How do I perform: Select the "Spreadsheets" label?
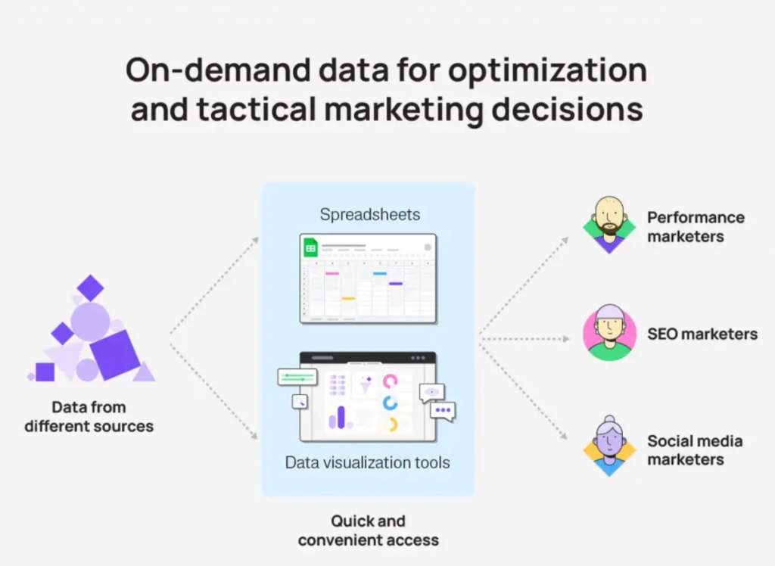coord(369,215)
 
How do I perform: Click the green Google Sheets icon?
coord(310,247)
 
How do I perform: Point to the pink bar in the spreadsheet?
coord(332,273)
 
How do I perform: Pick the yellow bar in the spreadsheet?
coord(348,299)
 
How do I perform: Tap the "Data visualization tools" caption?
coord(368,462)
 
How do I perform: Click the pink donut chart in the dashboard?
coord(390,381)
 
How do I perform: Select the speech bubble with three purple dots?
coord(443,412)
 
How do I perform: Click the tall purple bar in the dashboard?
coord(341,417)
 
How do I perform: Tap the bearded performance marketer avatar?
coord(609,225)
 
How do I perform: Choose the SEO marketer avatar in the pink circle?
coord(609,332)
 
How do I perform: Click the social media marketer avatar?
coord(609,446)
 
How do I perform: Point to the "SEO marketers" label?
coord(702,334)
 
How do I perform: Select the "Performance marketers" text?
coord(696,227)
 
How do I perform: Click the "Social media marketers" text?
coord(695,450)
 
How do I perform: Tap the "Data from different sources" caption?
coord(89,417)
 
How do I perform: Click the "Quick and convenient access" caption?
coord(369,530)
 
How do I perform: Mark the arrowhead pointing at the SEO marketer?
coord(566,339)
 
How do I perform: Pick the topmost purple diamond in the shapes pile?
coord(91,288)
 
